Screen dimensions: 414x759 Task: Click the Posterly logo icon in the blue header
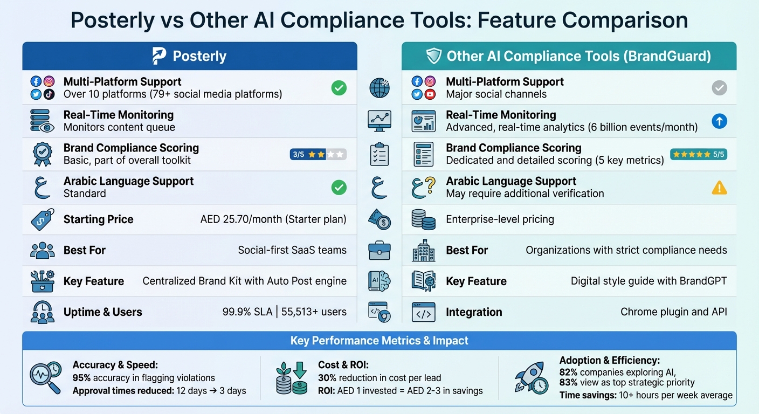(x=159, y=56)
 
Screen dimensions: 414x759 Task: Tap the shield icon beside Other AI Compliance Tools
(x=433, y=56)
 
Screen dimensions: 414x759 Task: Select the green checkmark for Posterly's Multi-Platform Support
(x=339, y=88)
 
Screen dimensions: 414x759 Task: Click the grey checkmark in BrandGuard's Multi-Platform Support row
(x=719, y=88)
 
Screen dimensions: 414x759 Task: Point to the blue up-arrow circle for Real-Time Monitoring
(x=719, y=121)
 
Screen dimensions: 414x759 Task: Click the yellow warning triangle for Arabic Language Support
(x=719, y=188)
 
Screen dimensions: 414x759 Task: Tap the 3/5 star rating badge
(x=318, y=155)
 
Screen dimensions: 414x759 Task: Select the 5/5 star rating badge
(x=698, y=155)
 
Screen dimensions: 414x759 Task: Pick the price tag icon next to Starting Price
(x=43, y=219)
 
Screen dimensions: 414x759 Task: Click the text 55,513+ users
(x=315, y=312)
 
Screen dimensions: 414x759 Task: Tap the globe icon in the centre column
(x=379, y=88)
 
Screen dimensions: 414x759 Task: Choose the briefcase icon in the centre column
(x=379, y=250)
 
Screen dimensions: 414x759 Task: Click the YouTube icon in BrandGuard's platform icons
(x=430, y=94)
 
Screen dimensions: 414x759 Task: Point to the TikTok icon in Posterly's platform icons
(x=49, y=94)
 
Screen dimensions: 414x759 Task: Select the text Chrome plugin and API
(x=673, y=312)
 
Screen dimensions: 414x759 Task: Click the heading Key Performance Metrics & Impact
(x=379, y=341)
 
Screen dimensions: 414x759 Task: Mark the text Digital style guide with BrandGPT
(x=648, y=281)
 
